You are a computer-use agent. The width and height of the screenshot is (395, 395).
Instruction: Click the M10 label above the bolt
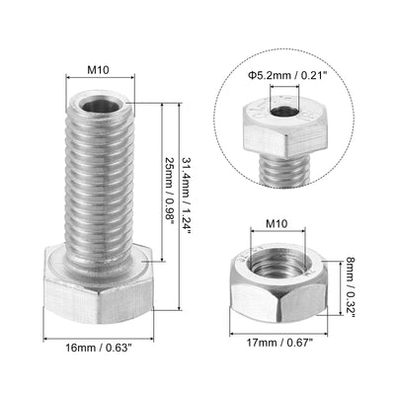(x=98, y=70)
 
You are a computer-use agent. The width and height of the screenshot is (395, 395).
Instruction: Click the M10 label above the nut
(x=276, y=224)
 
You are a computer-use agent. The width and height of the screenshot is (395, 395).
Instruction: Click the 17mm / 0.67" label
(x=279, y=343)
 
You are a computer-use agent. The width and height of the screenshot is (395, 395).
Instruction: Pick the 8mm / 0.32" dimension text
(x=350, y=287)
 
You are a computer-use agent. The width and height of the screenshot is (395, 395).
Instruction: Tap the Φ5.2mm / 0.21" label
(x=287, y=76)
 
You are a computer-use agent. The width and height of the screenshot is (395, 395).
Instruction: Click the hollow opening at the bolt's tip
(x=101, y=107)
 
